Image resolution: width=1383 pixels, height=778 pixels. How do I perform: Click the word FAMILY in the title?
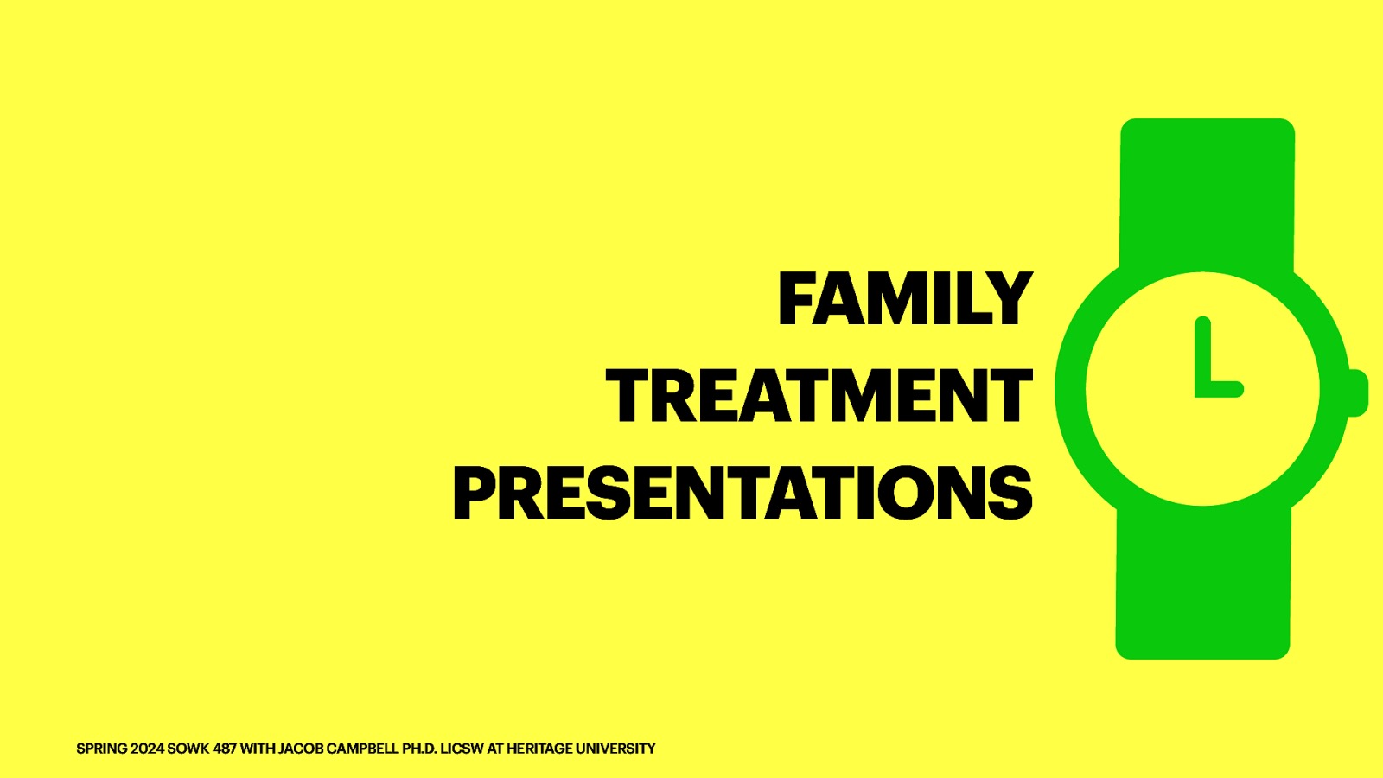[x=905, y=299]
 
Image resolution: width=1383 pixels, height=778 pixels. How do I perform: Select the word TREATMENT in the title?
[x=819, y=396]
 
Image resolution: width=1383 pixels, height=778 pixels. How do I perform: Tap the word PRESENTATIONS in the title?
[x=742, y=493]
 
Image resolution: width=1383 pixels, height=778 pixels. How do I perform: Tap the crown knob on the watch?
[x=1357, y=392]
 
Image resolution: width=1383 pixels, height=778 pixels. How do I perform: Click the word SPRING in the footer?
[x=102, y=749]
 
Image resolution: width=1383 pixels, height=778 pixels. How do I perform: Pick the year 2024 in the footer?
[x=147, y=749]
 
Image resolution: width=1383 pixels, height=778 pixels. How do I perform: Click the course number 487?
[x=225, y=749]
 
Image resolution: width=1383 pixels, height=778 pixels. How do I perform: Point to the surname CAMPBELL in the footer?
[x=363, y=749]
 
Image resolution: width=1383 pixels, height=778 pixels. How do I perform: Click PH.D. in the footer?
[x=419, y=749]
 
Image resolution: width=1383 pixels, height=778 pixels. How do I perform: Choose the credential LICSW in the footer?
[x=462, y=749]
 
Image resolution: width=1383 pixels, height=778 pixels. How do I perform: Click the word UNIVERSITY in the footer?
[x=615, y=749]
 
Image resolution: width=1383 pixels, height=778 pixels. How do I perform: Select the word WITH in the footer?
[x=257, y=749]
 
